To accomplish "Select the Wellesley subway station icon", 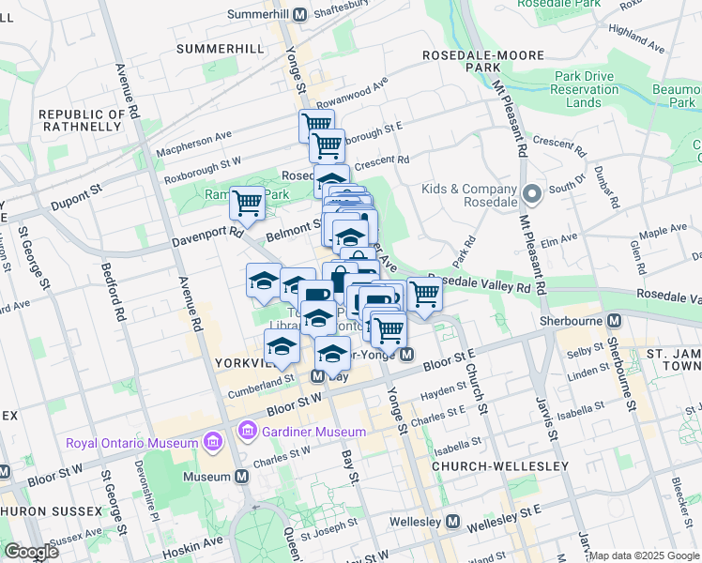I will pyautogui.click(x=453, y=522).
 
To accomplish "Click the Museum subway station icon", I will pyautogui.click(x=242, y=477).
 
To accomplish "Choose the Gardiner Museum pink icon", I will pyautogui.click(x=249, y=431).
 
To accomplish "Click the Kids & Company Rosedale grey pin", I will pyautogui.click(x=531, y=195).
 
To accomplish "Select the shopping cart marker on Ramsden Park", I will pyautogui.click(x=248, y=201).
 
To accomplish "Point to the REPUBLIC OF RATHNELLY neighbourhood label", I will pyautogui.click(x=82, y=121).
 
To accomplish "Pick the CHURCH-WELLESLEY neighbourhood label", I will pyautogui.click(x=500, y=466).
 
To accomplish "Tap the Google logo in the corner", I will pyautogui.click(x=31, y=552).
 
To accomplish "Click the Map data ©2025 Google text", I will pyautogui.click(x=644, y=555).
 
